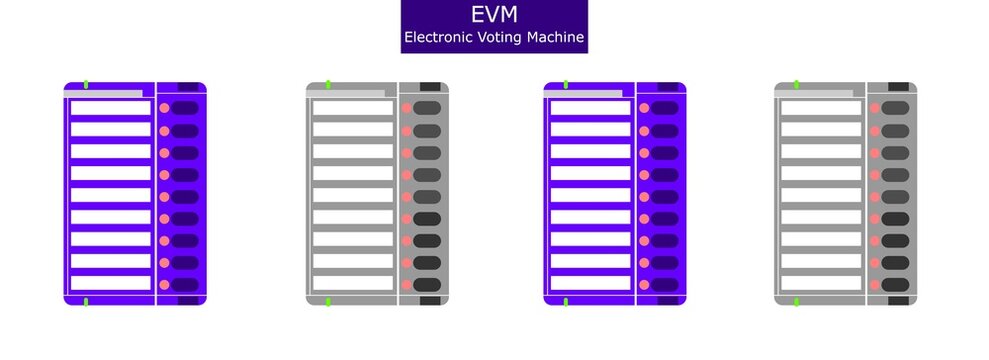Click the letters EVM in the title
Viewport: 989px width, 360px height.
point(493,15)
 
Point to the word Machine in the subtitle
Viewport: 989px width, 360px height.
point(555,39)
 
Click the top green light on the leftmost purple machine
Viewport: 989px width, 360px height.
point(86,84)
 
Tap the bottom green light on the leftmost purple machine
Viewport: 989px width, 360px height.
point(86,301)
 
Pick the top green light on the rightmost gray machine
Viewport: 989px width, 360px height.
point(796,84)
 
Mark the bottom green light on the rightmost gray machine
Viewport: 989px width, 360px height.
point(796,301)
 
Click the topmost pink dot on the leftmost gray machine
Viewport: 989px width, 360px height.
point(406,108)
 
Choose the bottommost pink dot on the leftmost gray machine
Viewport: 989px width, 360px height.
point(406,284)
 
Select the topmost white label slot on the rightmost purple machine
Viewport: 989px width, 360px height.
point(590,107)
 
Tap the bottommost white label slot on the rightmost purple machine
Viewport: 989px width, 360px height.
point(590,283)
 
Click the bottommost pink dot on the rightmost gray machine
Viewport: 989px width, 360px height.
point(875,284)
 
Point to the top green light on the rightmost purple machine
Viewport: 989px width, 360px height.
point(566,84)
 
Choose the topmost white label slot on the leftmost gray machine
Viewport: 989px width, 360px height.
point(353,107)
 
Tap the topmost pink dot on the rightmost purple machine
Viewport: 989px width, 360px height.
point(644,108)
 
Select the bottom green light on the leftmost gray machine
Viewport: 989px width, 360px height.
point(328,301)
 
